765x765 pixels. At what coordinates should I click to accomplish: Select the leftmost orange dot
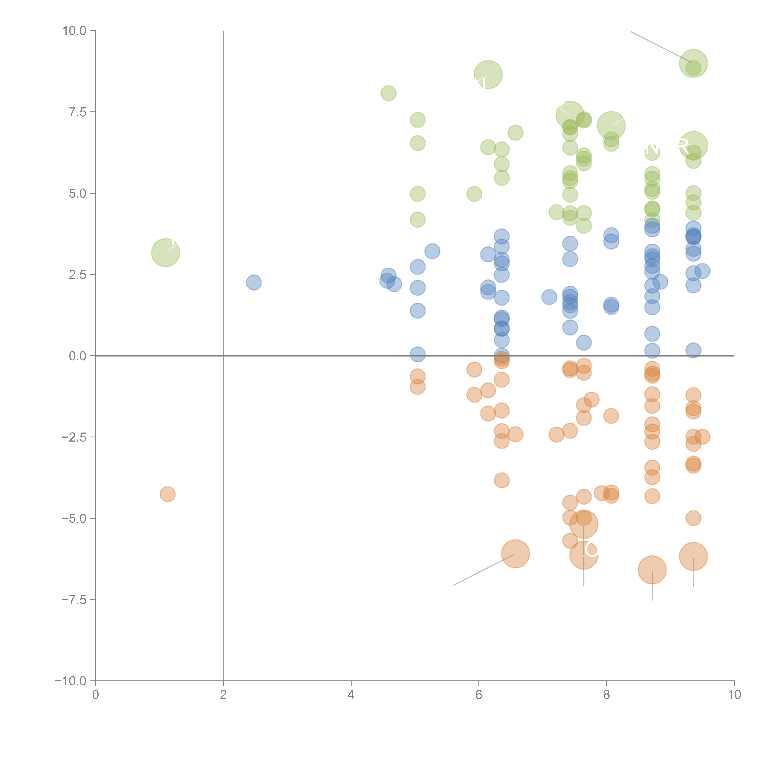tap(168, 494)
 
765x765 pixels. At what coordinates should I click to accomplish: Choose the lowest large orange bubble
tap(652, 570)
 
